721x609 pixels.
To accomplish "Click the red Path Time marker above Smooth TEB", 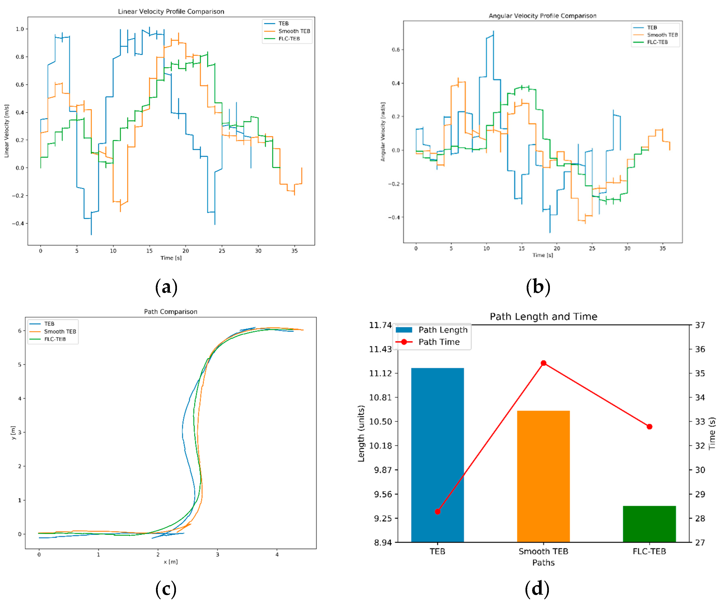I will click(x=543, y=363).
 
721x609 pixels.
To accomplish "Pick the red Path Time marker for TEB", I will click(x=437, y=511).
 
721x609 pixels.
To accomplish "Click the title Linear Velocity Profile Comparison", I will click(x=171, y=11).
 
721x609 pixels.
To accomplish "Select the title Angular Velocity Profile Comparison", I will click(x=542, y=16).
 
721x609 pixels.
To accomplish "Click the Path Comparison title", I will click(x=171, y=311).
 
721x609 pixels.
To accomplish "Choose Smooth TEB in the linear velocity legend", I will click(x=294, y=31).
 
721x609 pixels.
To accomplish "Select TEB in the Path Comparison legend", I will click(x=49, y=324).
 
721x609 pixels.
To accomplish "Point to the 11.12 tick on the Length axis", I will click(x=380, y=373).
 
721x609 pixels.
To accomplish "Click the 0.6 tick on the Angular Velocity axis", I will click(x=396, y=50).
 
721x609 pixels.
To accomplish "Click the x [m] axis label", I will click(x=171, y=562).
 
